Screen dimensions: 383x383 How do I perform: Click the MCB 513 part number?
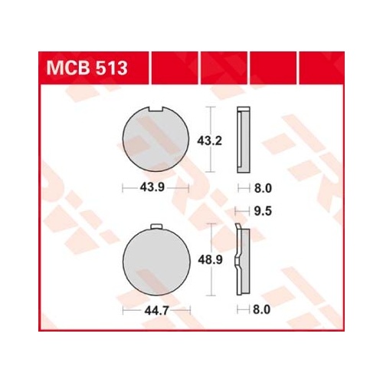pos(87,68)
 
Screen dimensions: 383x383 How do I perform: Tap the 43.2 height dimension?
pos(209,141)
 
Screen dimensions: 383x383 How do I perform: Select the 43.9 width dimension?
pos(152,188)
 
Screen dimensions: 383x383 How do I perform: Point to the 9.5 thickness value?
pos(263,212)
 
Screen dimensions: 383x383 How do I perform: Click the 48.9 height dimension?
pos(211,260)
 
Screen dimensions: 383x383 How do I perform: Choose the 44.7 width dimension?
pos(156,311)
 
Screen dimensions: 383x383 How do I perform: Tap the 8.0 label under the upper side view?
pos(263,189)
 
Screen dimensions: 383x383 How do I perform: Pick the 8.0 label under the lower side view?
pos(261,310)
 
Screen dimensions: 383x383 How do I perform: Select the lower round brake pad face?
pos(156,261)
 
